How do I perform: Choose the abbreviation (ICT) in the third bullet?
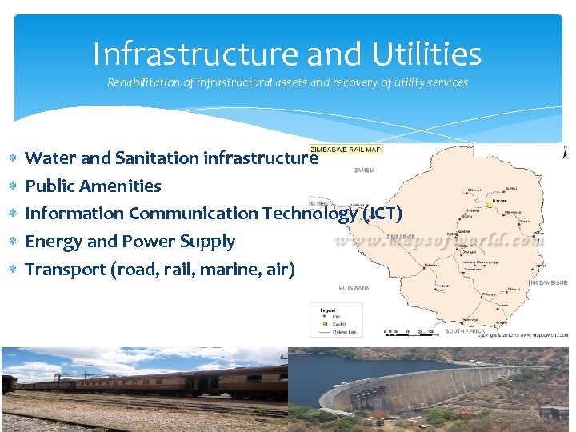tap(382, 214)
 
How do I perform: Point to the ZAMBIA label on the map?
tap(365, 170)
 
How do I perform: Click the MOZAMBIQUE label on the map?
tap(548, 282)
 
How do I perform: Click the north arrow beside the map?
tap(566, 154)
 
